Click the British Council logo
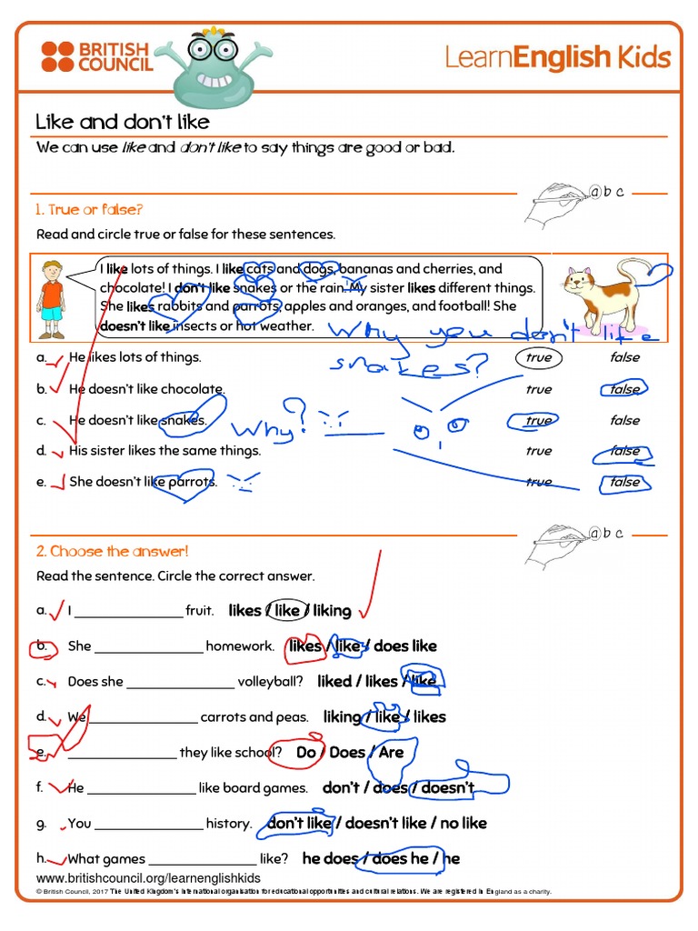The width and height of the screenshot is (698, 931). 95,56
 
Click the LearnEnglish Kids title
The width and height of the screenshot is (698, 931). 557,58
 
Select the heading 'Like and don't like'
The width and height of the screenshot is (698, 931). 122,122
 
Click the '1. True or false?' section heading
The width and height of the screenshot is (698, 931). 89,209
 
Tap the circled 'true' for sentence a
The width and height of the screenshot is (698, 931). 538,357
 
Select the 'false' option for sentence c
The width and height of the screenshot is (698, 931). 624,420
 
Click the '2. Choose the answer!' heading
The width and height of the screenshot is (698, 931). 112,551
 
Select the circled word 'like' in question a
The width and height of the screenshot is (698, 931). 287,611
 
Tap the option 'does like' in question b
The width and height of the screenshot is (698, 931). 405,646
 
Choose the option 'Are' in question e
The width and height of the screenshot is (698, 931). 392,753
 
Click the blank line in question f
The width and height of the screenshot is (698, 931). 141,789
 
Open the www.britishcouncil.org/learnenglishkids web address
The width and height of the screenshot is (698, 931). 148,878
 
